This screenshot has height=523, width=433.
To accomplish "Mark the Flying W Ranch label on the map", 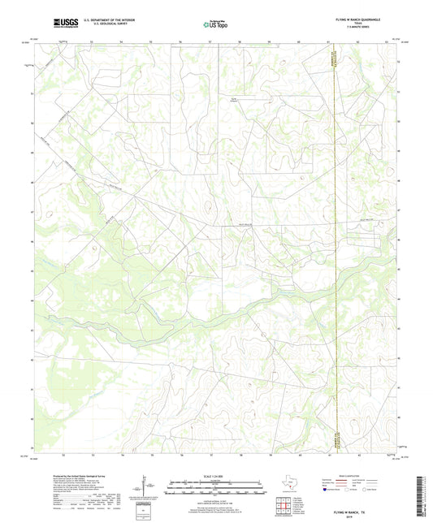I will [x=236, y=100].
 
